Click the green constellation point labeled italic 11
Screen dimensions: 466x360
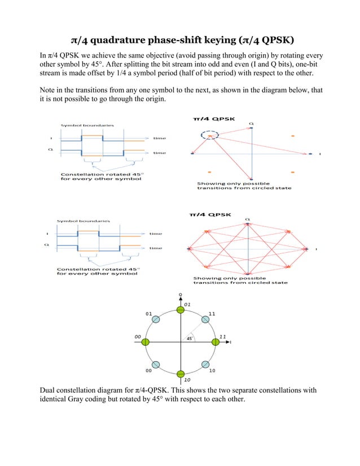coord(215,342)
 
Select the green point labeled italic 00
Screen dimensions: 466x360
coord(146,342)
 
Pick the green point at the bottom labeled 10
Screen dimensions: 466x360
coord(181,375)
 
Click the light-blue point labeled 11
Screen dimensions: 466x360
coord(205,319)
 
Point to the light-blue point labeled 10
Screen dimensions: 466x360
coord(205,365)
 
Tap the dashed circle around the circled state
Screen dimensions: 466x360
coord(209,135)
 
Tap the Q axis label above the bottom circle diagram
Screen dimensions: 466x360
coord(181,294)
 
